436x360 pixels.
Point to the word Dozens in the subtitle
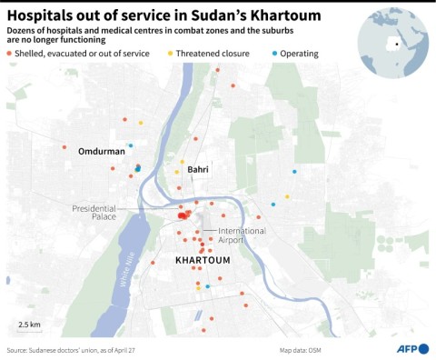[25, 31]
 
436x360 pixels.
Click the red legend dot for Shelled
[10, 54]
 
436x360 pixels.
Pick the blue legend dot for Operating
[275, 54]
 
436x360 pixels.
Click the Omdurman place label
[101, 151]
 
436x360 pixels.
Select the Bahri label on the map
[198, 170]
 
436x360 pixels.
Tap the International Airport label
[242, 235]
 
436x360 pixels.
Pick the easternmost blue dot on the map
[294, 172]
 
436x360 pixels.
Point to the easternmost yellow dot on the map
[287, 196]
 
